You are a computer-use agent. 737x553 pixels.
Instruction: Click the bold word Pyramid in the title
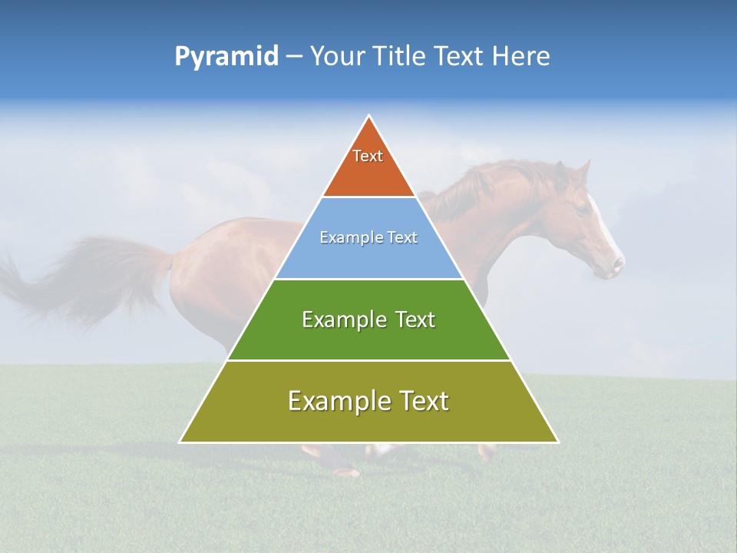point(226,57)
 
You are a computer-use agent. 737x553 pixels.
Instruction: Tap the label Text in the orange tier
point(368,156)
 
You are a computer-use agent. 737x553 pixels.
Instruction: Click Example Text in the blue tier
point(368,237)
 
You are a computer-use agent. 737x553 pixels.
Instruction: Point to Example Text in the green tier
point(368,320)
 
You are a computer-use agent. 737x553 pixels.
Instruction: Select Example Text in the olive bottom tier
point(368,401)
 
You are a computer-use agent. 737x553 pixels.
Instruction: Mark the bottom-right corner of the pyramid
point(557,442)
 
